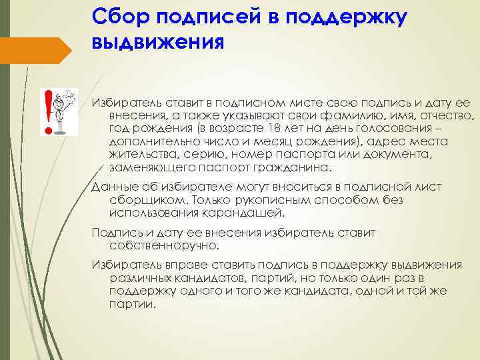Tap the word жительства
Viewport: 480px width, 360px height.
click(137, 155)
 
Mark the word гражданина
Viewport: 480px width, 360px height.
click(294, 167)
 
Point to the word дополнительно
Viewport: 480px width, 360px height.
click(148, 141)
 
